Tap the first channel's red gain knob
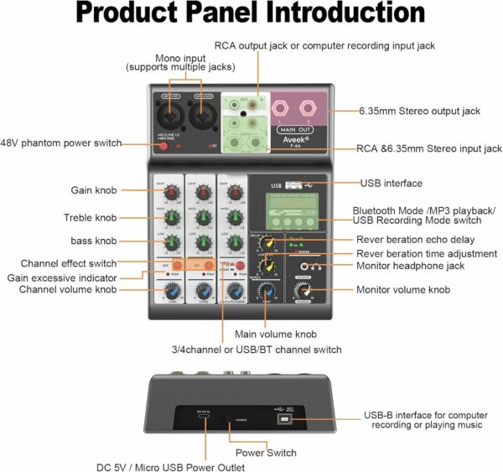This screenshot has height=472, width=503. pyautogui.click(x=171, y=194)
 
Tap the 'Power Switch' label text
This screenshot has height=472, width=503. pyautogui.click(x=267, y=453)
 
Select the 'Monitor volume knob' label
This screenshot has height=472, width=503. pyautogui.click(x=403, y=290)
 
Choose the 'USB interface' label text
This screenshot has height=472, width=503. pyautogui.click(x=391, y=183)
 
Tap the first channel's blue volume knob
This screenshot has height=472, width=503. pyautogui.click(x=171, y=292)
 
